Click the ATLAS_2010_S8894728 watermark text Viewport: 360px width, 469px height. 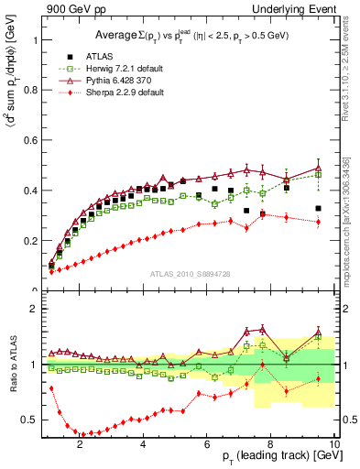[x=189, y=274]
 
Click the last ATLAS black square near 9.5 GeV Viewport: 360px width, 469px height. [x=318, y=209]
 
